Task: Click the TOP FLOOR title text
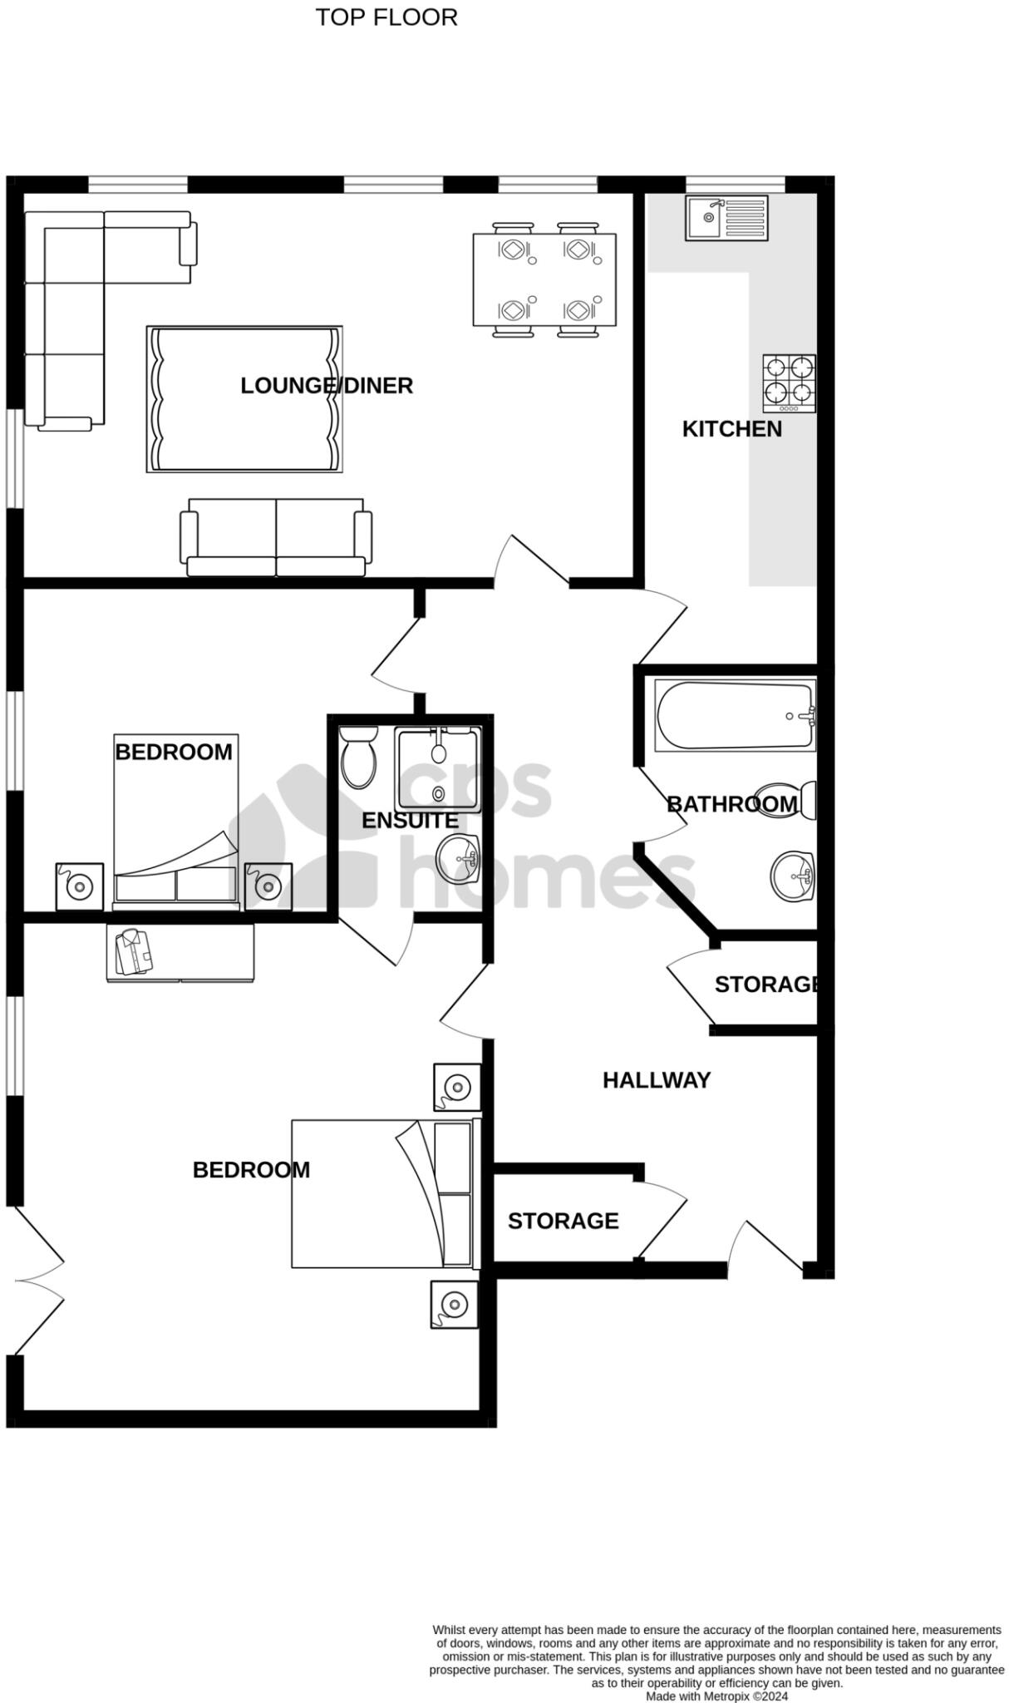click(386, 17)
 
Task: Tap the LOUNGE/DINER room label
click(327, 386)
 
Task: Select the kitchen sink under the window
click(726, 218)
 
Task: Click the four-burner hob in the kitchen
click(789, 383)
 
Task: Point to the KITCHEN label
click(731, 429)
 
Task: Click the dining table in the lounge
click(544, 279)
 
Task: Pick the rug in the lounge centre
click(244, 399)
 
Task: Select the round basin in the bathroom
click(791, 876)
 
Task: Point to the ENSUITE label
click(410, 821)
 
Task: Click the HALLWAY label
click(656, 1080)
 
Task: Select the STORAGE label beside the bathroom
click(766, 985)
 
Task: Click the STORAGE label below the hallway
click(563, 1221)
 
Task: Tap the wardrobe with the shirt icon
click(180, 953)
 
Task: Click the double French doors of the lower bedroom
click(37, 1281)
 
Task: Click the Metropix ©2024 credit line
click(716, 1696)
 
